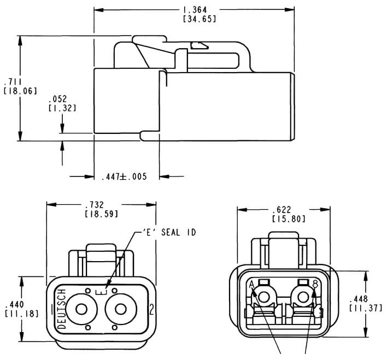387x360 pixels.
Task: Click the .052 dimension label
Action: pos(57,99)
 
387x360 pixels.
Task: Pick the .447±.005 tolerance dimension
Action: pos(124,177)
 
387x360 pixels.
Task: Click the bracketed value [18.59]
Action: pos(101,214)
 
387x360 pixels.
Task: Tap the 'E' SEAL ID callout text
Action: pos(169,232)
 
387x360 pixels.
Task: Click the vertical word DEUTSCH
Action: pos(61,309)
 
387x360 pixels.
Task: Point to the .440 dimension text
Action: pos(12,304)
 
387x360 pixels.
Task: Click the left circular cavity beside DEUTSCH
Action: pos(81,309)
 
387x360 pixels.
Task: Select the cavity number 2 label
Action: pos(151,310)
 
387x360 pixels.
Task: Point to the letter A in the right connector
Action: pos(251,285)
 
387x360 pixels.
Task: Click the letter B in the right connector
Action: pos(315,284)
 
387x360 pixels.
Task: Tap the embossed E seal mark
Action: pos(99,293)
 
